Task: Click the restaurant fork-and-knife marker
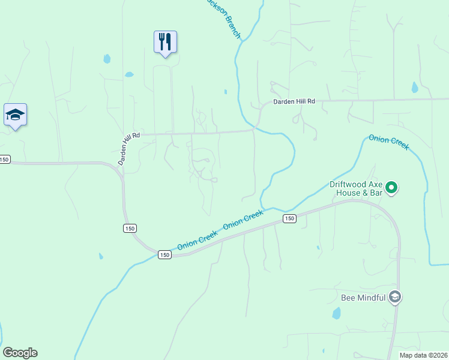(x=165, y=41)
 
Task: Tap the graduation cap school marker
(x=15, y=115)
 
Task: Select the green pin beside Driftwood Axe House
(x=391, y=188)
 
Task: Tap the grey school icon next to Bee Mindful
(x=394, y=296)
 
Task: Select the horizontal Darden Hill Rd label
(x=294, y=102)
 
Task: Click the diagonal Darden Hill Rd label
(x=128, y=149)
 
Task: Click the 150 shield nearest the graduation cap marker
(x=5, y=159)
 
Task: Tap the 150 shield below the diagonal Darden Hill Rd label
(x=130, y=228)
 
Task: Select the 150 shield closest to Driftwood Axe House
(x=289, y=219)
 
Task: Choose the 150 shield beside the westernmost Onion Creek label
(x=164, y=255)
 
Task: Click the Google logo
(x=20, y=353)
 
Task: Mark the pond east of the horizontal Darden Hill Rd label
(x=414, y=88)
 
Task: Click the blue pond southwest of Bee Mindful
(x=336, y=313)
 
